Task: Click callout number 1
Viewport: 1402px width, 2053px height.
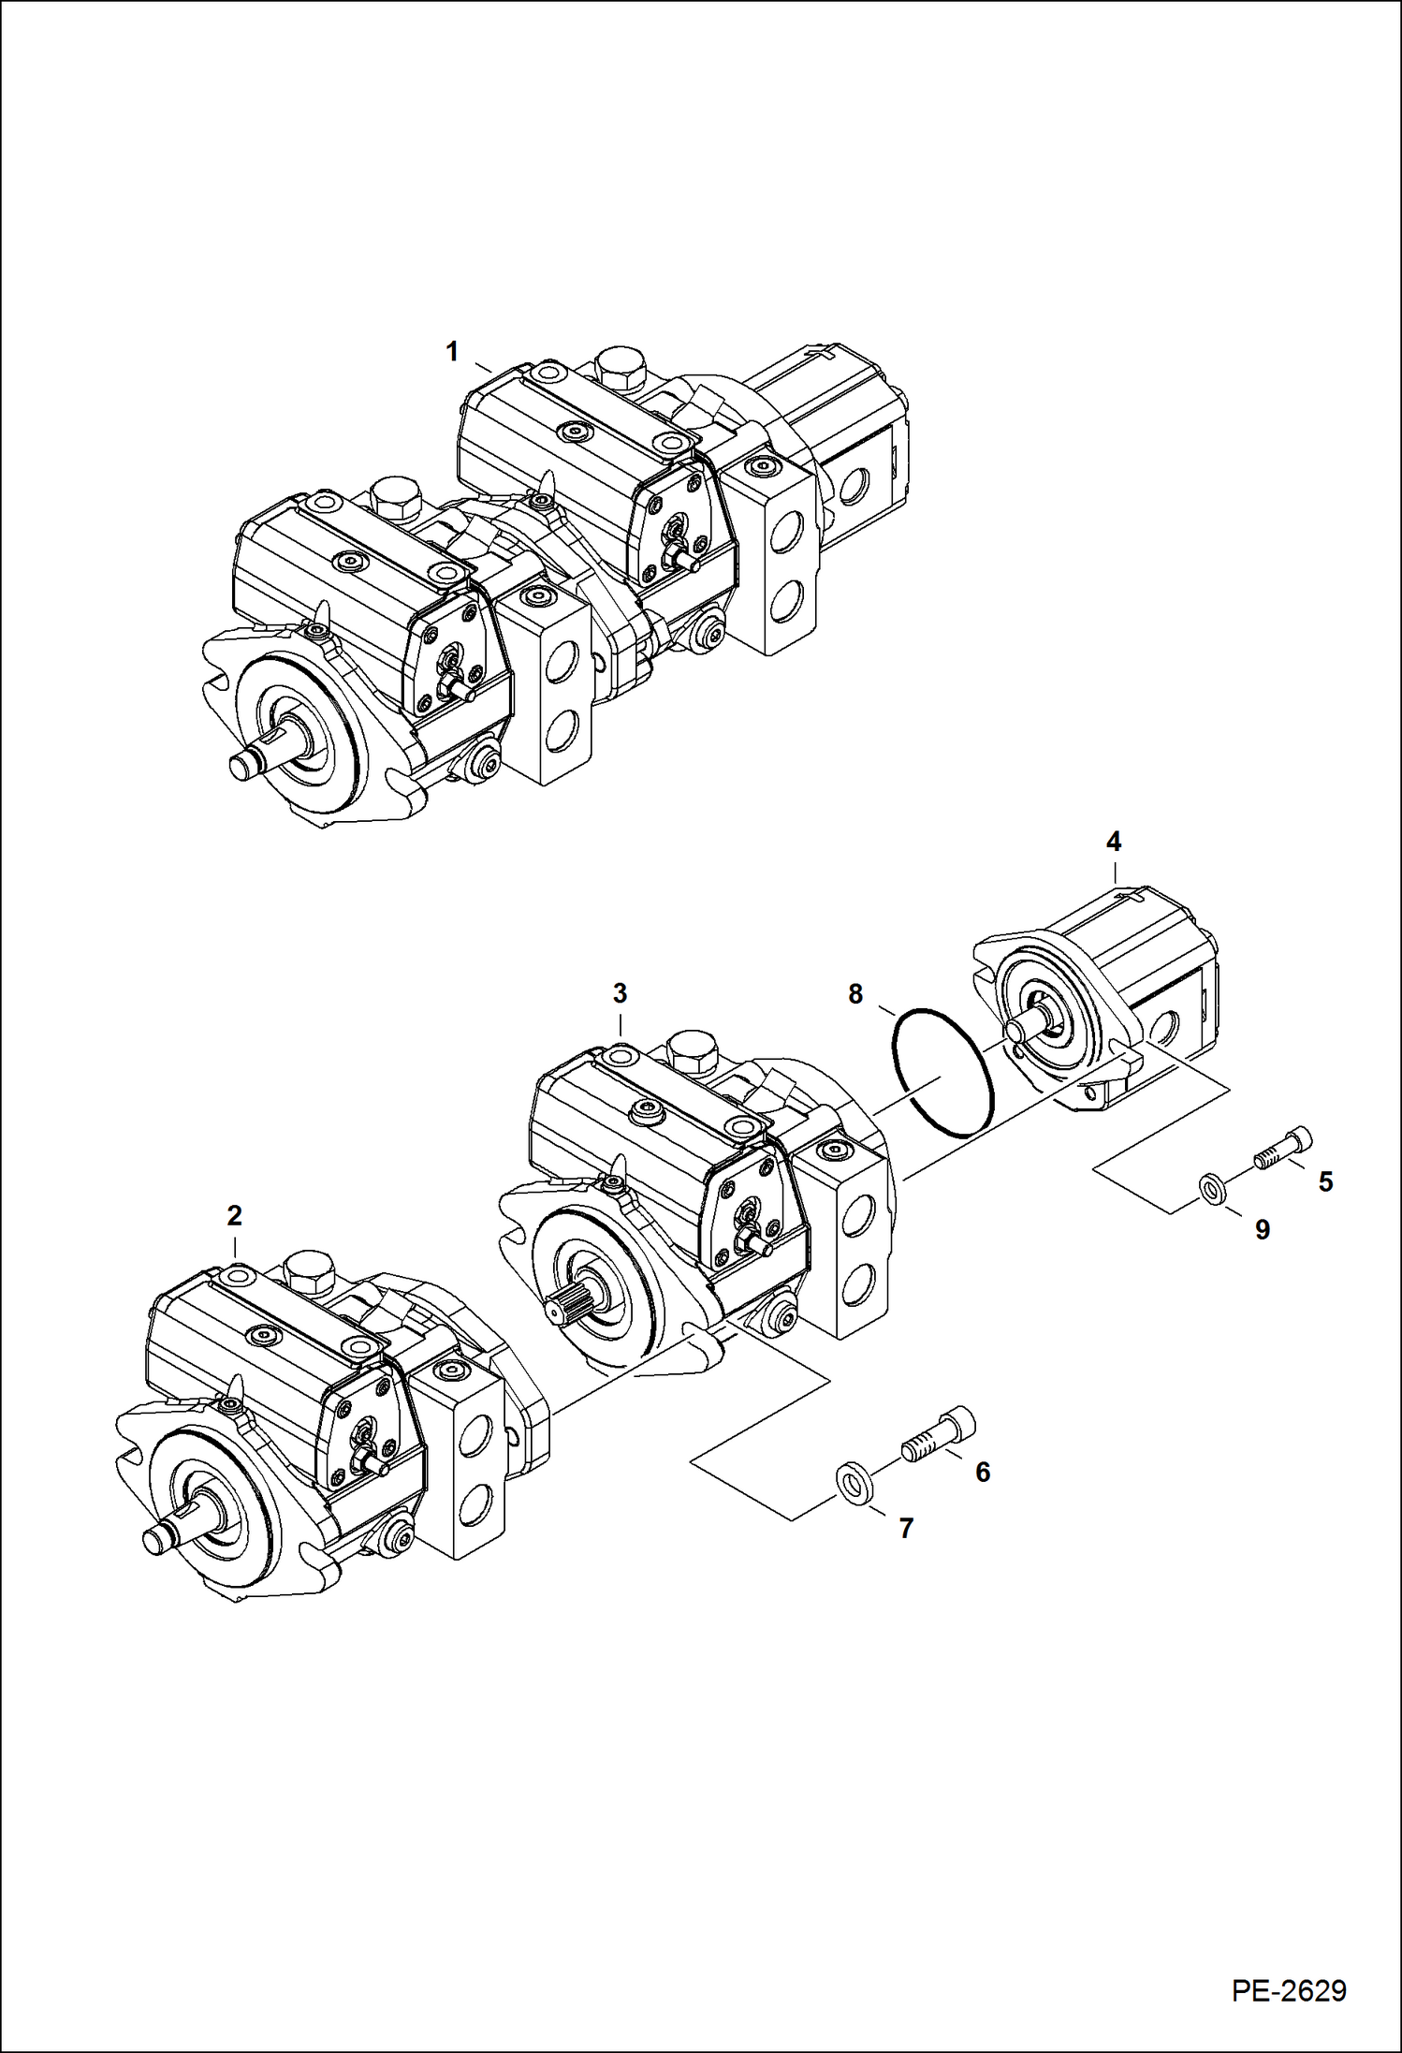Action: (452, 353)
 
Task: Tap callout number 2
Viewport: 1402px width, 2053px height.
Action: (234, 1215)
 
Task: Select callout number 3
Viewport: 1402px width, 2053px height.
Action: (620, 993)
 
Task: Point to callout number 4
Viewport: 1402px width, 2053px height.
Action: (1113, 842)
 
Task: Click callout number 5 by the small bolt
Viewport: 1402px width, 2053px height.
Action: (1325, 1181)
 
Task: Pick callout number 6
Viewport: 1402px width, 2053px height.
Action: (982, 1473)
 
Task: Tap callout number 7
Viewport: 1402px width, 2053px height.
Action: (905, 1529)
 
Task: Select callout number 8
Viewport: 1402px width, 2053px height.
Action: (855, 994)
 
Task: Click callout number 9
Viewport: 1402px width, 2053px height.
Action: (1262, 1230)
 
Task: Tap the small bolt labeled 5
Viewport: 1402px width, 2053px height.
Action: (1283, 1151)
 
